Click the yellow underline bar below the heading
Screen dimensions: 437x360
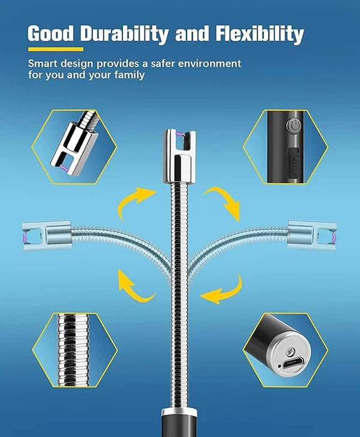[55, 49]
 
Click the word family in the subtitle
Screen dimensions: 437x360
[127, 76]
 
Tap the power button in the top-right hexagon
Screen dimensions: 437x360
[293, 127]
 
